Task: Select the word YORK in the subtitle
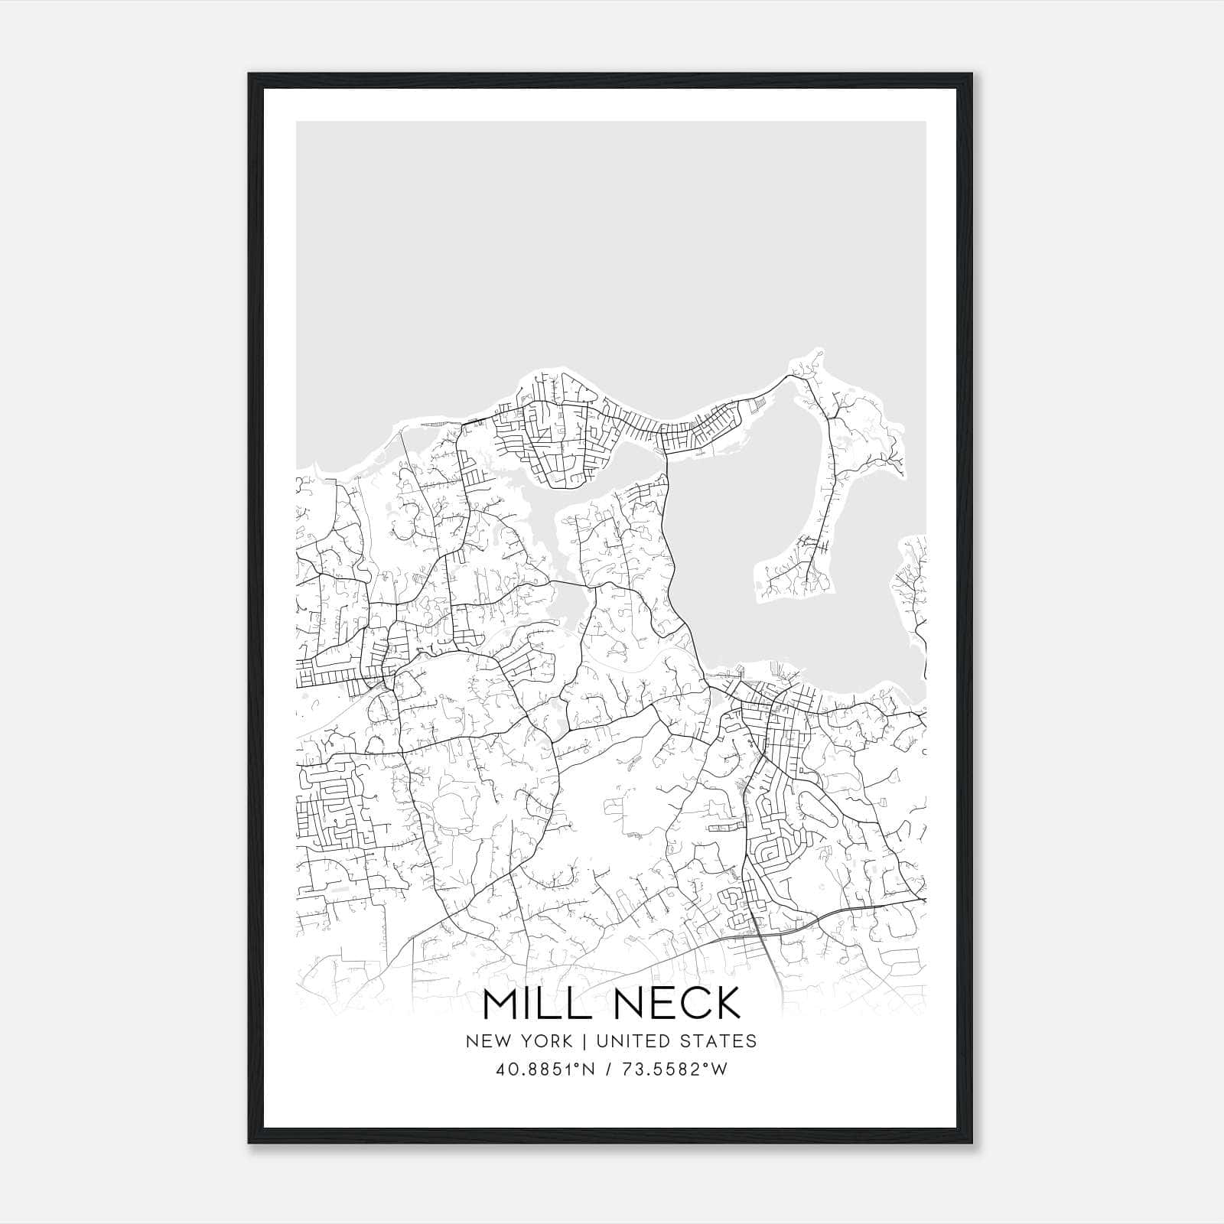(544, 1041)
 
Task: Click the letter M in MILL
(501, 1004)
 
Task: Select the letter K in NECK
(727, 1004)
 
